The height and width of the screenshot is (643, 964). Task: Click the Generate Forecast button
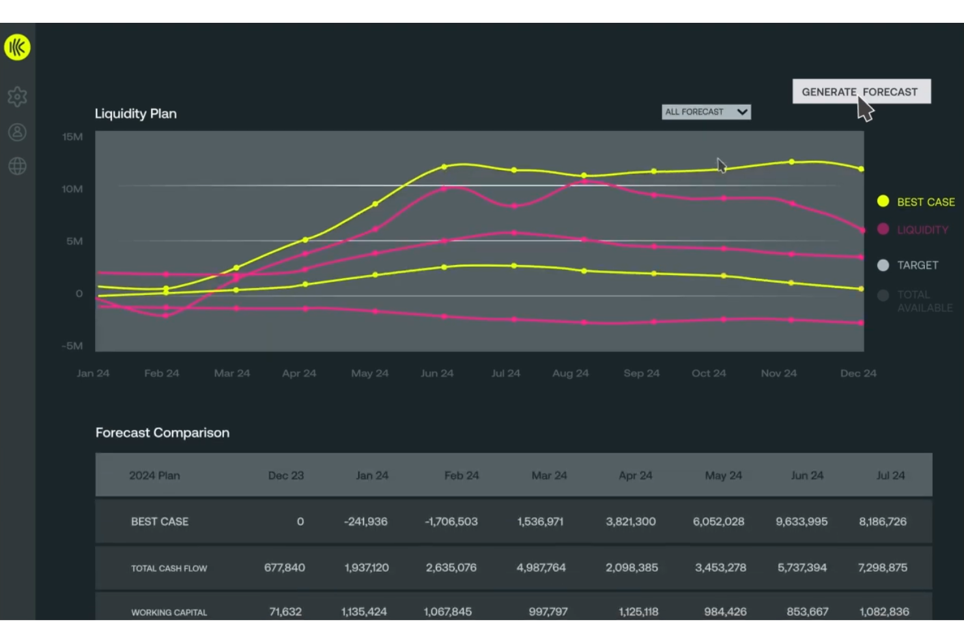[x=861, y=91]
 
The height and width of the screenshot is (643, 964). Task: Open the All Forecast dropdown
[x=706, y=112]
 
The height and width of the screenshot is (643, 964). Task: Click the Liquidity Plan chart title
[x=135, y=113]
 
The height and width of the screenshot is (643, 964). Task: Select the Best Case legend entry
[x=916, y=202]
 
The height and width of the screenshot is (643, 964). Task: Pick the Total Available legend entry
[x=915, y=301]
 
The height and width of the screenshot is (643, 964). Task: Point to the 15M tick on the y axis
[x=72, y=137]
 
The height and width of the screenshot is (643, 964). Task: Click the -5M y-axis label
[x=72, y=345]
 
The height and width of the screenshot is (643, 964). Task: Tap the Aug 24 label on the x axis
[x=570, y=373]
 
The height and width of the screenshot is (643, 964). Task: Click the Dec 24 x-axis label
[x=858, y=373]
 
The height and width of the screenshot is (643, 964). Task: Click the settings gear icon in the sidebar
[x=17, y=97]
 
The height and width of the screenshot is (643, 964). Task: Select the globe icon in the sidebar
[x=17, y=166]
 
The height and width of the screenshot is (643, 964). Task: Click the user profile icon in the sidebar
[x=17, y=132]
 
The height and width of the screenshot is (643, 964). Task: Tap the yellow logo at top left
[x=17, y=47]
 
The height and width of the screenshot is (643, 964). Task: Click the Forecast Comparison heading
[x=162, y=433]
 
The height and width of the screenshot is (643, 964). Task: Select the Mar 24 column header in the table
[x=549, y=476]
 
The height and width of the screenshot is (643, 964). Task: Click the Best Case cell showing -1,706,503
[x=451, y=522]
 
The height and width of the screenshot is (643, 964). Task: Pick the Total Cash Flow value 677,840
[x=285, y=567]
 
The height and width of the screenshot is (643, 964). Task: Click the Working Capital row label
[x=169, y=612]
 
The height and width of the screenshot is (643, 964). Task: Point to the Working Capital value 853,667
[x=808, y=612]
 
